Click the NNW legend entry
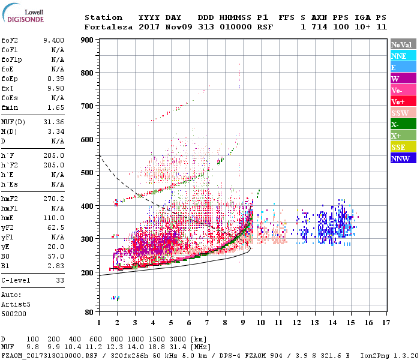pos(400,159)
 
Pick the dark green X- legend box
pos(400,124)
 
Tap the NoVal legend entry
pos(400,44)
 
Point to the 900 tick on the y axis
pos(87,40)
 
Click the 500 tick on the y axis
pos(87,173)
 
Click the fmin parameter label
pos(10,107)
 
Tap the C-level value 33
pos(59,280)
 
